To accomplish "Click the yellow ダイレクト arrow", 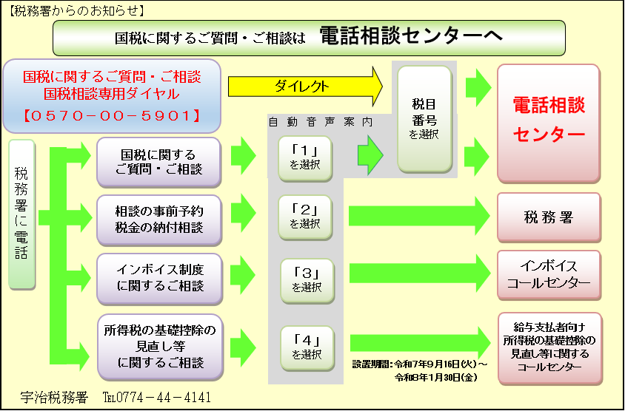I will point(304,86).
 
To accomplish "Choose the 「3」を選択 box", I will point(307,278).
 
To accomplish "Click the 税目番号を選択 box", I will point(424,118).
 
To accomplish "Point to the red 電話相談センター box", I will point(548,123).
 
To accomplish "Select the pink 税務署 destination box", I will point(548,217).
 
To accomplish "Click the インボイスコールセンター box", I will point(548,275).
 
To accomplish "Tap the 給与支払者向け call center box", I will point(548,348).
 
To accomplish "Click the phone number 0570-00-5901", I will point(112,115).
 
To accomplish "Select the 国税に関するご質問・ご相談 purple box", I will point(159,162).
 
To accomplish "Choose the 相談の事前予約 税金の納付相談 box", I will point(159,220).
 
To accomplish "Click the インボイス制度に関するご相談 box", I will point(159,278).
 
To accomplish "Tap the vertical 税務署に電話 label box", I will point(21,214).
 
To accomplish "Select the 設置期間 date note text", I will point(420,370).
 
